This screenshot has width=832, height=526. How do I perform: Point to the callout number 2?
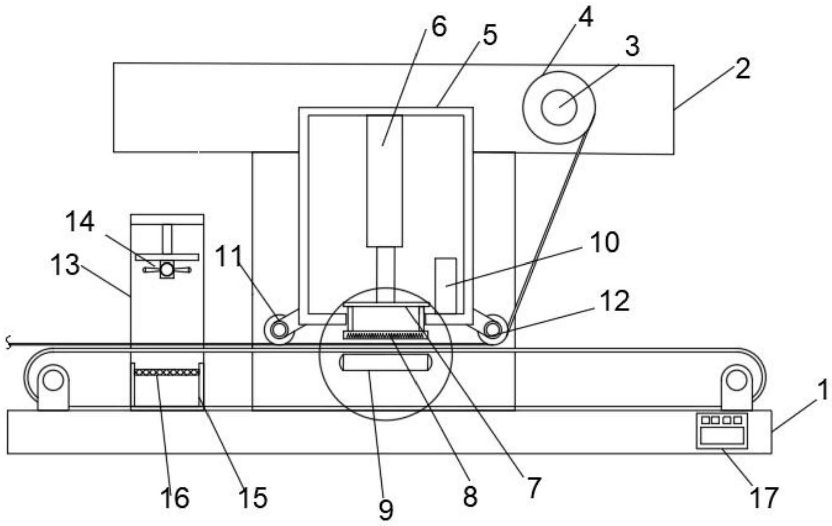point(742,68)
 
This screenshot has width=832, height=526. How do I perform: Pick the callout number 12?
point(615,301)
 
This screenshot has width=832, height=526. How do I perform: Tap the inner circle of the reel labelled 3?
point(559,107)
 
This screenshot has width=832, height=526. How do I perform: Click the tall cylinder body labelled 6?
point(384,180)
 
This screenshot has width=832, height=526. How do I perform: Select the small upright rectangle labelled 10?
point(445,286)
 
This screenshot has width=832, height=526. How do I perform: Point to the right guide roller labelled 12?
point(492,329)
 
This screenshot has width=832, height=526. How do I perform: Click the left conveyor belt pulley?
point(52,380)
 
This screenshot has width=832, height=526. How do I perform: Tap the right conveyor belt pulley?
point(736,380)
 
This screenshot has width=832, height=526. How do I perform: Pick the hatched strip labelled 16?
point(167,372)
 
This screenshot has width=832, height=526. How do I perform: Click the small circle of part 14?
point(167,270)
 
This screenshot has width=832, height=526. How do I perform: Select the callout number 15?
point(253,497)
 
